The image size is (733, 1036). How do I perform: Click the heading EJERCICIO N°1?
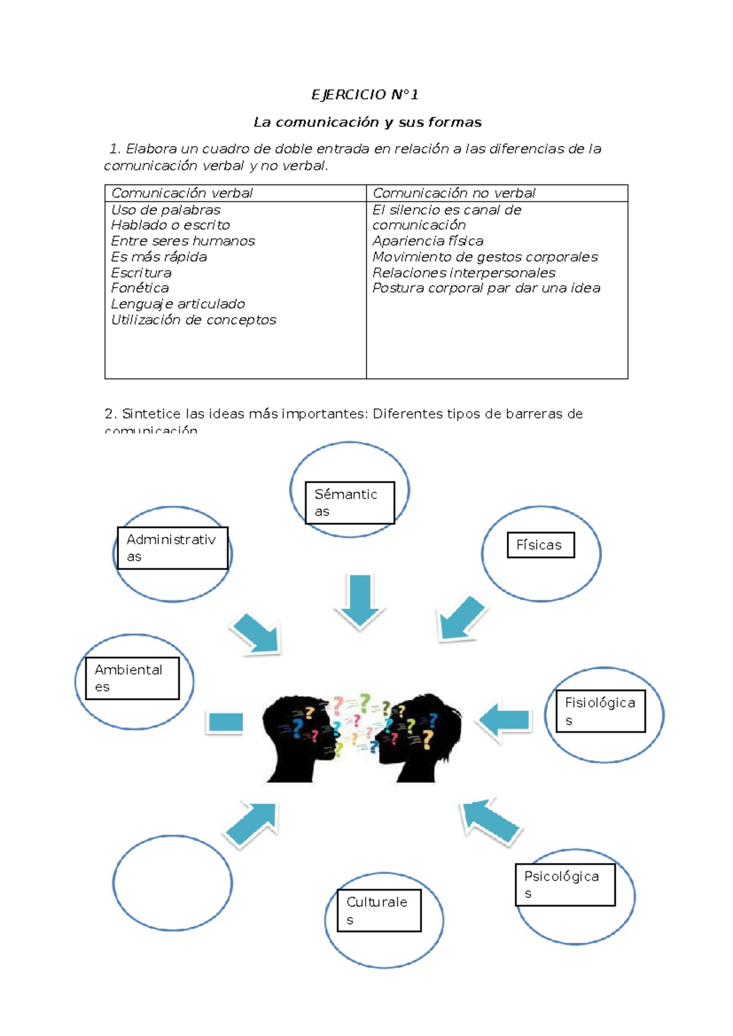[x=365, y=95]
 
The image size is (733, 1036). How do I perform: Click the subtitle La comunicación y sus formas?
[x=367, y=122]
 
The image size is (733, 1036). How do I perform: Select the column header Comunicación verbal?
[x=181, y=193]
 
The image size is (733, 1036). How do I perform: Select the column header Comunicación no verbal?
[x=453, y=193]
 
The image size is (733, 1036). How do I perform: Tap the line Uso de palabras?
[x=166, y=210]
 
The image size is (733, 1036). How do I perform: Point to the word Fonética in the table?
[x=140, y=288]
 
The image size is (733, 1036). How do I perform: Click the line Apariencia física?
[x=428, y=241]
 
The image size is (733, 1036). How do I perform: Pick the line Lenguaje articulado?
[x=178, y=304]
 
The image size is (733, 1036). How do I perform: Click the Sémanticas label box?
[x=350, y=502]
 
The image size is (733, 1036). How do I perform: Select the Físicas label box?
[x=541, y=545]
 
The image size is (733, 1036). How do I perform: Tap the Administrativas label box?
[x=172, y=548]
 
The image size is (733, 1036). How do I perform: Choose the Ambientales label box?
[x=132, y=678]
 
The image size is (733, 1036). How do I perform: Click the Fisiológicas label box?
[x=600, y=711]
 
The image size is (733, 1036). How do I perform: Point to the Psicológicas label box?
[x=565, y=885]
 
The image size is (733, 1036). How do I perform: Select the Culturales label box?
[x=379, y=910]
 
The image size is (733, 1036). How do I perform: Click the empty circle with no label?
[x=172, y=883]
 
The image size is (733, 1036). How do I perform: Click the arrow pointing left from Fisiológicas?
[x=505, y=720]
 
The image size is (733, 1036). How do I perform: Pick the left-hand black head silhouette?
[x=299, y=742]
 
